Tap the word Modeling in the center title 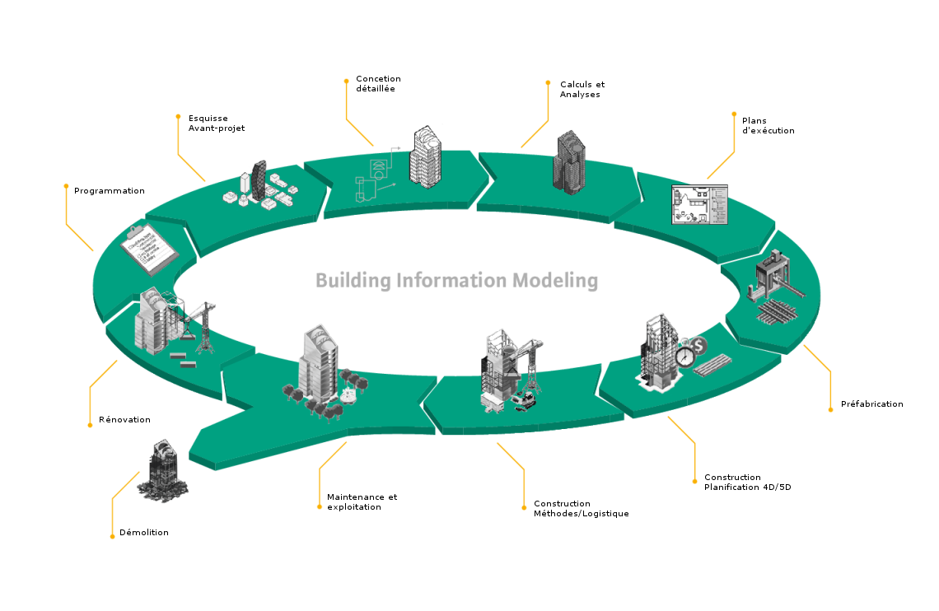coord(554,281)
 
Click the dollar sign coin coord(701,343)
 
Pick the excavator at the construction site coord(524,400)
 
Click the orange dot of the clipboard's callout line coord(66,185)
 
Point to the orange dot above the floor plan coord(734,114)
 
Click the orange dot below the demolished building coord(112,537)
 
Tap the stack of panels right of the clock coord(713,365)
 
